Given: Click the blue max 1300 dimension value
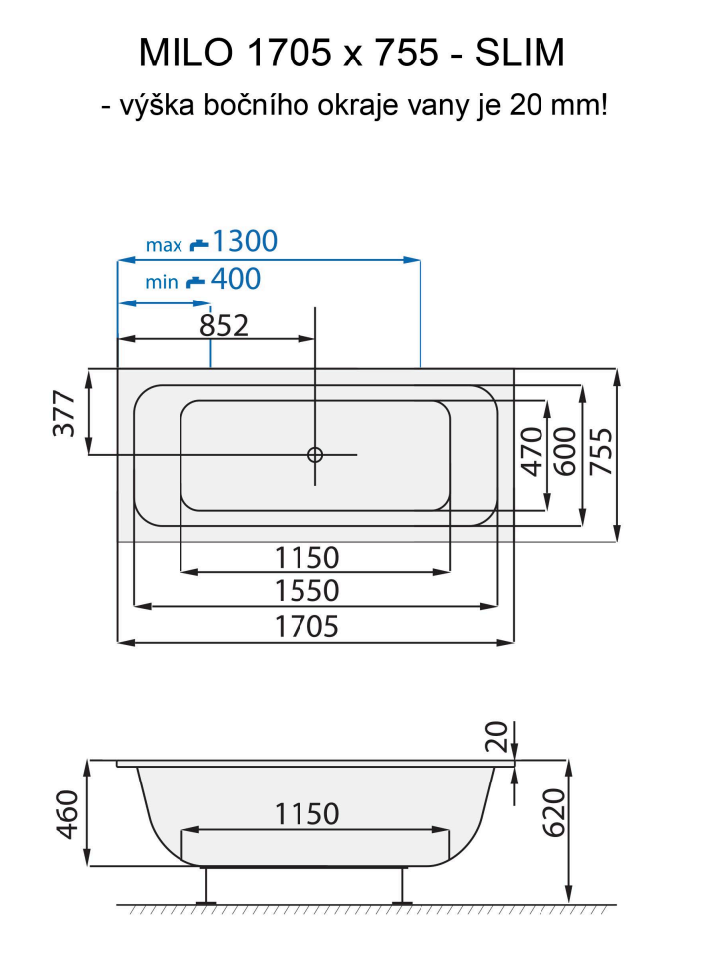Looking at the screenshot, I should [x=245, y=241].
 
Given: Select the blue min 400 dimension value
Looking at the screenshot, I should [x=235, y=280].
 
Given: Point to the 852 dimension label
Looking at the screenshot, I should [x=224, y=324].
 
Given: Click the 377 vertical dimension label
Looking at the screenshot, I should [x=65, y=413].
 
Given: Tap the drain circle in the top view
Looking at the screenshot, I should [x=315, y=455].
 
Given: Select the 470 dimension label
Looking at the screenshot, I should [x=532, y=451].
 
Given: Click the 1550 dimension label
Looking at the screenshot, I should [x=307, y=591].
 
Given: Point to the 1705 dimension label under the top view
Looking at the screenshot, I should [x=307, y=627].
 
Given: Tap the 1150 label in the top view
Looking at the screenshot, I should [x=307, y=557].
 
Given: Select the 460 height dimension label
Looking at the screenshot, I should [x=65, y=813].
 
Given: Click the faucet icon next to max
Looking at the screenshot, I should [x=199, y=243].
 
